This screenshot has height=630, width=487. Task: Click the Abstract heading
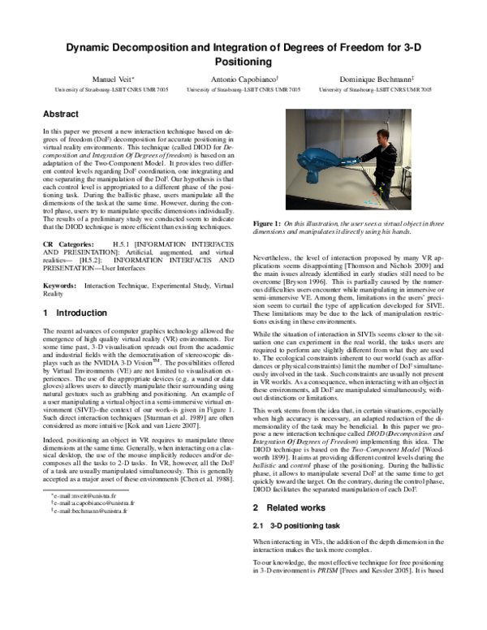61,114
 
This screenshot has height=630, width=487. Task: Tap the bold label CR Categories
67,243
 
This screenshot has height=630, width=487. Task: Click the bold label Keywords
59,285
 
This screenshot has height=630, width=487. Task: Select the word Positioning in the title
243,61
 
